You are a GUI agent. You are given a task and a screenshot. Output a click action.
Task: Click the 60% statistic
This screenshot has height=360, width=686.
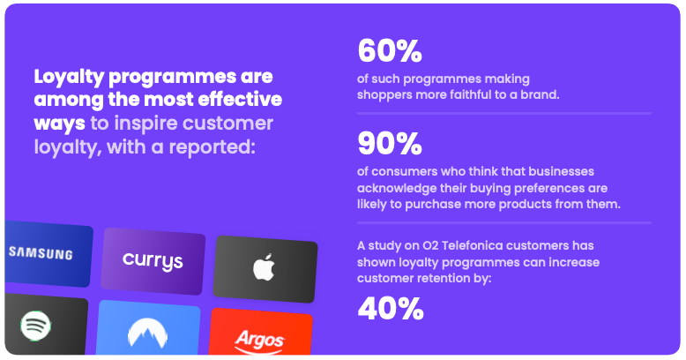coord(389,52)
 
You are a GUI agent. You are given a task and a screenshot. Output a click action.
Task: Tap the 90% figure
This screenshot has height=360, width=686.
coord(389,143)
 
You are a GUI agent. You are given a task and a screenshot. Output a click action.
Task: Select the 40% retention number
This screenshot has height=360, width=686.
coord(390,308)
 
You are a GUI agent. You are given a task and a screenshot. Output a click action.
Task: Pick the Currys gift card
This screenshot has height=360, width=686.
coord(153,261)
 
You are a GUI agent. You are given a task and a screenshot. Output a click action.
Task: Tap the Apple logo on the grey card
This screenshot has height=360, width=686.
coord(264,267)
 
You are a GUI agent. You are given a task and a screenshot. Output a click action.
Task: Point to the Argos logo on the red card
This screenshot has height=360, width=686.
coord(259,338)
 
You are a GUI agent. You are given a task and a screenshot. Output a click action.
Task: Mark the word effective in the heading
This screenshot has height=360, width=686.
coord(239,99)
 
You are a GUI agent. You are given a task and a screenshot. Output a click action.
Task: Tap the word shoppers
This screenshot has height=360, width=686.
coord(385,94)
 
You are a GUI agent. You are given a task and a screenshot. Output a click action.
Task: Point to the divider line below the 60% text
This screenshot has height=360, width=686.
coord(503,113)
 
